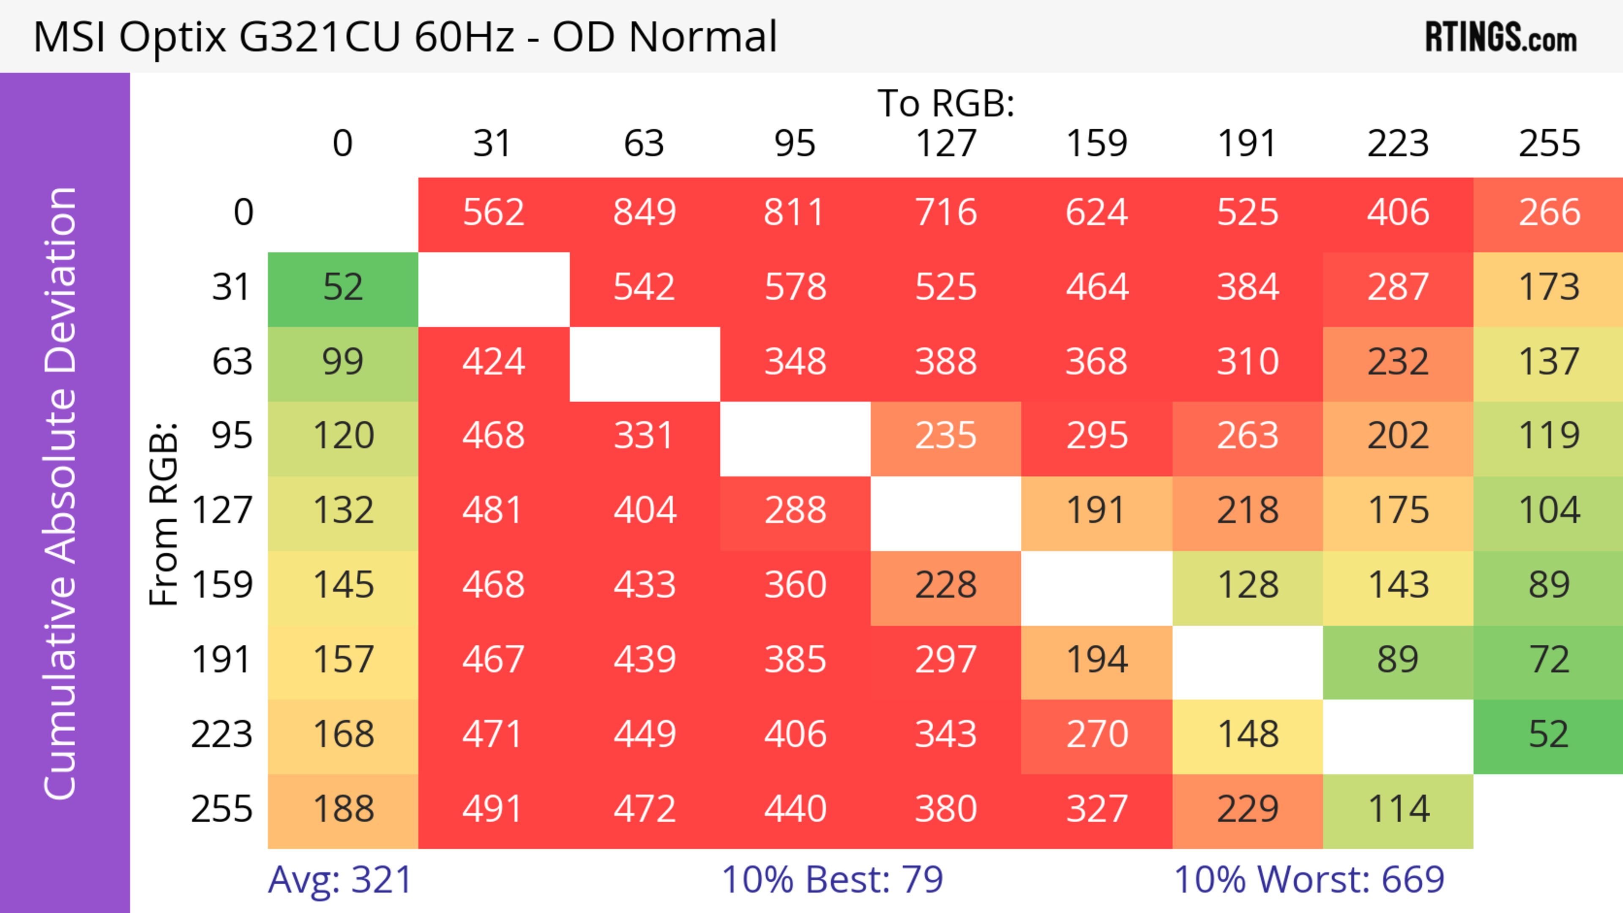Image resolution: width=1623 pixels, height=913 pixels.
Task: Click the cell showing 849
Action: pos(644,212)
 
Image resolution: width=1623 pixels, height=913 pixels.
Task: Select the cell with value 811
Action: pos(795,212)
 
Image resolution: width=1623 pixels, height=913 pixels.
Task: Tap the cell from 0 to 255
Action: pos(1549,212)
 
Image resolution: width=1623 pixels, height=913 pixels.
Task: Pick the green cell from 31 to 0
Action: pos(343,288)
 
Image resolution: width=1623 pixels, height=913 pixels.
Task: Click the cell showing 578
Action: pos(795,288)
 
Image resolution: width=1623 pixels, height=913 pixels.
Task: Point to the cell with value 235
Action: pos(945,436)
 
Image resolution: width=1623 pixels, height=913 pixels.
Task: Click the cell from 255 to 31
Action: pos(493,809)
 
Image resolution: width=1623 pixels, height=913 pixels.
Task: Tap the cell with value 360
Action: pos(795,585)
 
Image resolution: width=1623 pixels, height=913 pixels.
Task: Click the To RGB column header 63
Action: pos(644,144)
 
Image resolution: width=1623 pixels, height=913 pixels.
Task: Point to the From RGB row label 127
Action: pos(222,510)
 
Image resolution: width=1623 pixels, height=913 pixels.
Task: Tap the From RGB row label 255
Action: pos(222,809)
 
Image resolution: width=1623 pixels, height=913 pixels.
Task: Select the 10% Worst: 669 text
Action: pos(1309,880)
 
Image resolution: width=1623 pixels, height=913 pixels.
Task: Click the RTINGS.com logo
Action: pos(1501,38)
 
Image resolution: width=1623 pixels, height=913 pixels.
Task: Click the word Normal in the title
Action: pos(702,36)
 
